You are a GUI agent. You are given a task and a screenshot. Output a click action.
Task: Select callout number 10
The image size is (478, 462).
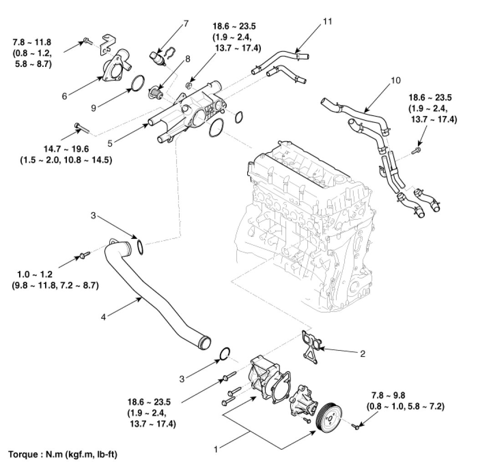(x=396, y=81)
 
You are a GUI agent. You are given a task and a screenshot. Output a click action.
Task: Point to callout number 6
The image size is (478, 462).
(x=65, y=96)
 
